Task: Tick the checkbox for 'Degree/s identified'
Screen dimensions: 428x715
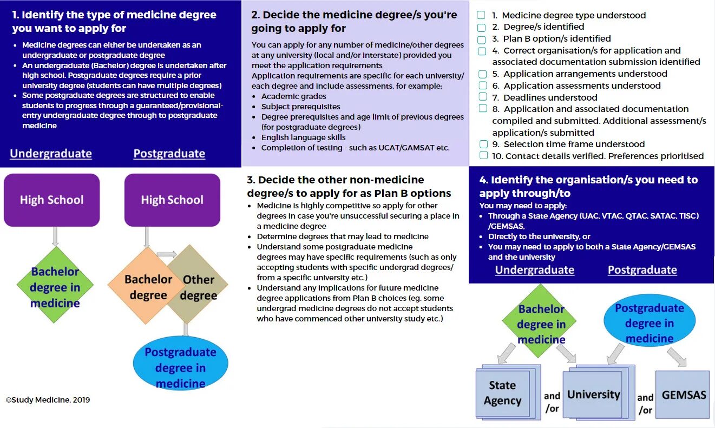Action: click(x=482, y=27)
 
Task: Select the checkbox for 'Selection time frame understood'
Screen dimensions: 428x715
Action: click(x=483, y=144)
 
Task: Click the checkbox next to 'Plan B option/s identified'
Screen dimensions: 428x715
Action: click(x=482, y=39)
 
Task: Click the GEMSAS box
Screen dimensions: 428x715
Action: click(x=682, y=394)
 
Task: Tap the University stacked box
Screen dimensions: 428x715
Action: click(x=594, y=394)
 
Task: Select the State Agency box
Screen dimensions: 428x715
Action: click(x=502, y=393)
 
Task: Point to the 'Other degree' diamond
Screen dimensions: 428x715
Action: click(x=198, y=287)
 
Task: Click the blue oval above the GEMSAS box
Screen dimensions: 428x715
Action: click(x=649, y=323)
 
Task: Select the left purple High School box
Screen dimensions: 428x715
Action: click(x=52, y=200)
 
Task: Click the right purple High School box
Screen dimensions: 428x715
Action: click(x=172, y=200)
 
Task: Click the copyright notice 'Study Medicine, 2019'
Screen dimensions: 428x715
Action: click(x=48, y=400)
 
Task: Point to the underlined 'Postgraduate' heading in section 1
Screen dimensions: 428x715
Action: click(x=169, y=154)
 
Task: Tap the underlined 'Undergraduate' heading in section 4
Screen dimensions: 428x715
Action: click(x=534, y=270)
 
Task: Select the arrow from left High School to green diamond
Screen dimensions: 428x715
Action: click(x=55, y=236)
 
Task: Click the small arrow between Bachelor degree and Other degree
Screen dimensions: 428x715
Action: click(x=167, y=254)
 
